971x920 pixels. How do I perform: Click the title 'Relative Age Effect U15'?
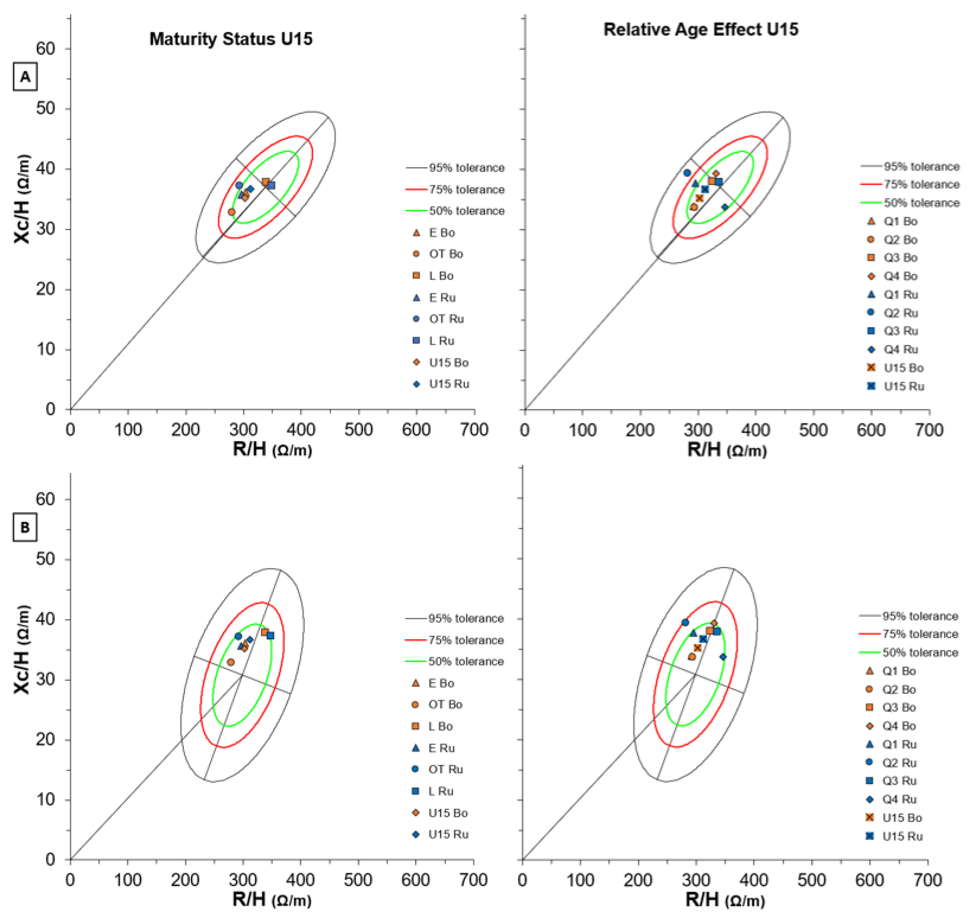pos(700,29)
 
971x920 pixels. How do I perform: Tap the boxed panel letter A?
pos(25,77)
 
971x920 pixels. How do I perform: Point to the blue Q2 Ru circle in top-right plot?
pos(687,173)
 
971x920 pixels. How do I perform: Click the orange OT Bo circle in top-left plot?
pos(232,212)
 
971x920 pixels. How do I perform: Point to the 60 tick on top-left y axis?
pos(45,49)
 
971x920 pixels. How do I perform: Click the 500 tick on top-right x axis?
pos(813,430)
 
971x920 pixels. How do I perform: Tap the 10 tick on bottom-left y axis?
pos(45,799)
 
